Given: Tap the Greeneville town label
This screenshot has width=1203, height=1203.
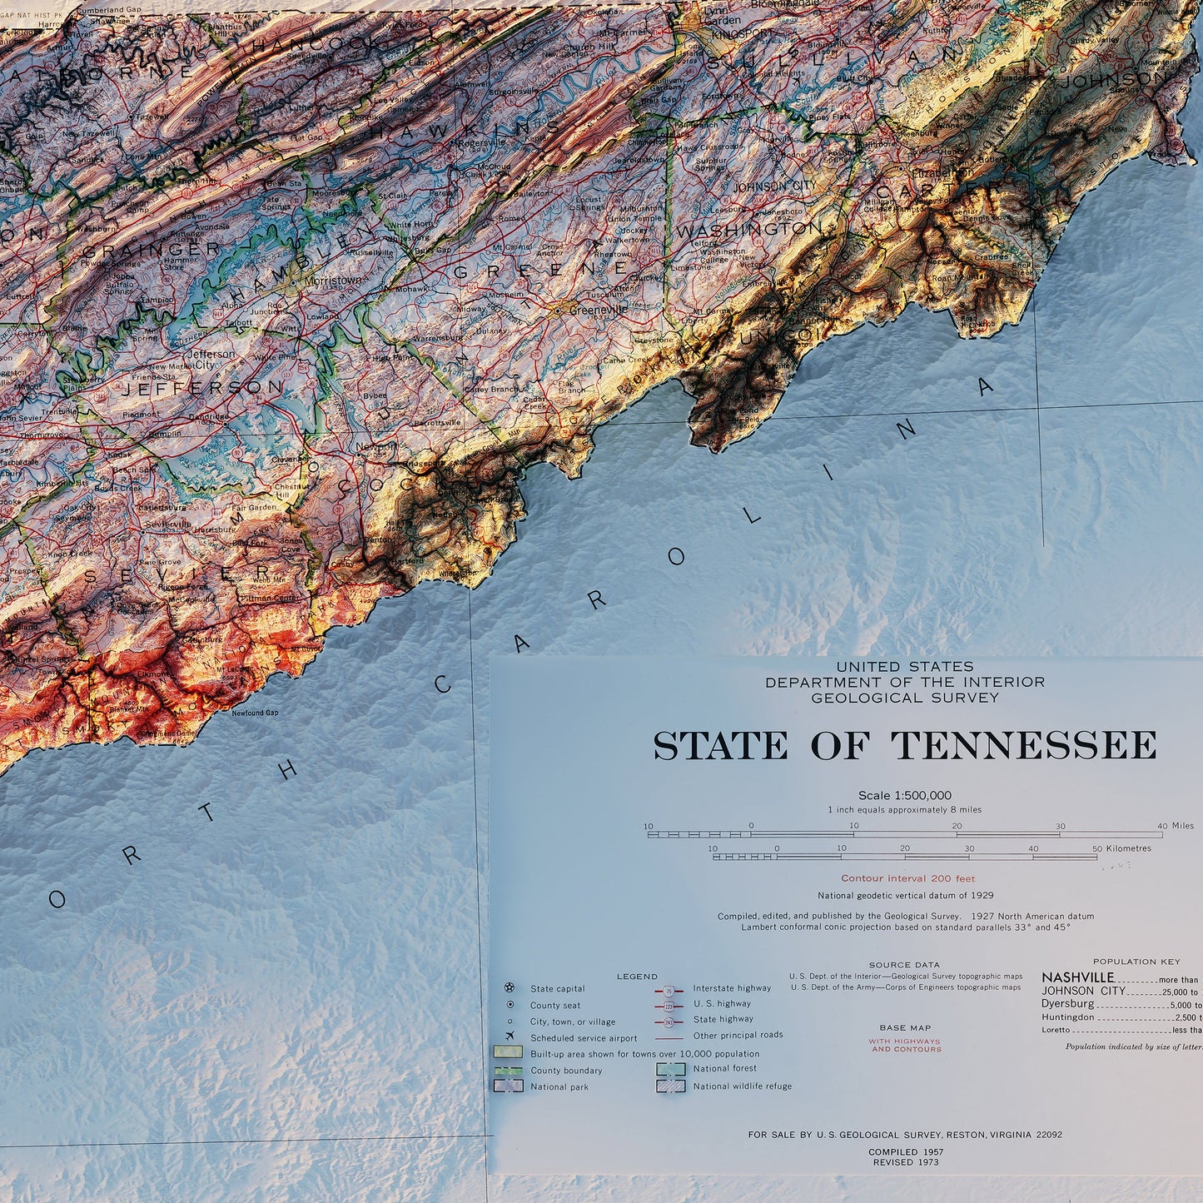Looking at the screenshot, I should click(598, 310).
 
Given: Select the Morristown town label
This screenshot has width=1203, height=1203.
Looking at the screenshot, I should click(333, 281).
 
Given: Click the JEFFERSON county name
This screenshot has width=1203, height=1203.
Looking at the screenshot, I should click(204, 389).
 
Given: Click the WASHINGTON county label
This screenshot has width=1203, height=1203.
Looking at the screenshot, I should click(748, 229).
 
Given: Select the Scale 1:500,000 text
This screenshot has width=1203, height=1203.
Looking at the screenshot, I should click(904, 796).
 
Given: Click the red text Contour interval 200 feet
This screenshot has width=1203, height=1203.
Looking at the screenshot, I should click(907, 878).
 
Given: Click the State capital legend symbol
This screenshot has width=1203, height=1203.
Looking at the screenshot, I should click(510, 988).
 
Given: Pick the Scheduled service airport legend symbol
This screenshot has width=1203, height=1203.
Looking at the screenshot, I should click(510, 1037).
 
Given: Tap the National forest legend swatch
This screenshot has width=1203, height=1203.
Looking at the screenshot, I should click(670, 1069).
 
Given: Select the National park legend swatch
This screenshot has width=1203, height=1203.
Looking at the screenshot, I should click(508, 1086).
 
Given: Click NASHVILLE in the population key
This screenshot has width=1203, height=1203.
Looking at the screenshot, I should click(1077, 977).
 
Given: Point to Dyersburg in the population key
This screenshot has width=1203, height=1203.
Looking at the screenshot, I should click(1067, 1004).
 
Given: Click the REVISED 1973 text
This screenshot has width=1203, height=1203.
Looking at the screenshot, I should click(905, 1162).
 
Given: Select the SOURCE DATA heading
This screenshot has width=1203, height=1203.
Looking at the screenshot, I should click(904, 965).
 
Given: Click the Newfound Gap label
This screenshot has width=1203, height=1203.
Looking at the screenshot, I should click(255, 713).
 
